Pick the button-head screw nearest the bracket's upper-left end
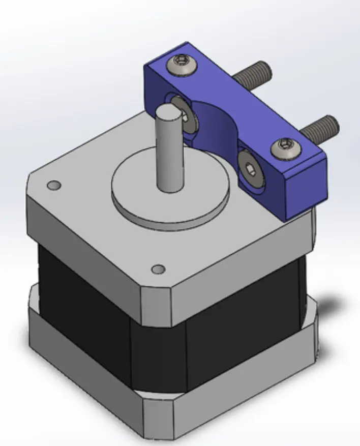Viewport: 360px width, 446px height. pyautogui.click(x=179, y=63)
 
